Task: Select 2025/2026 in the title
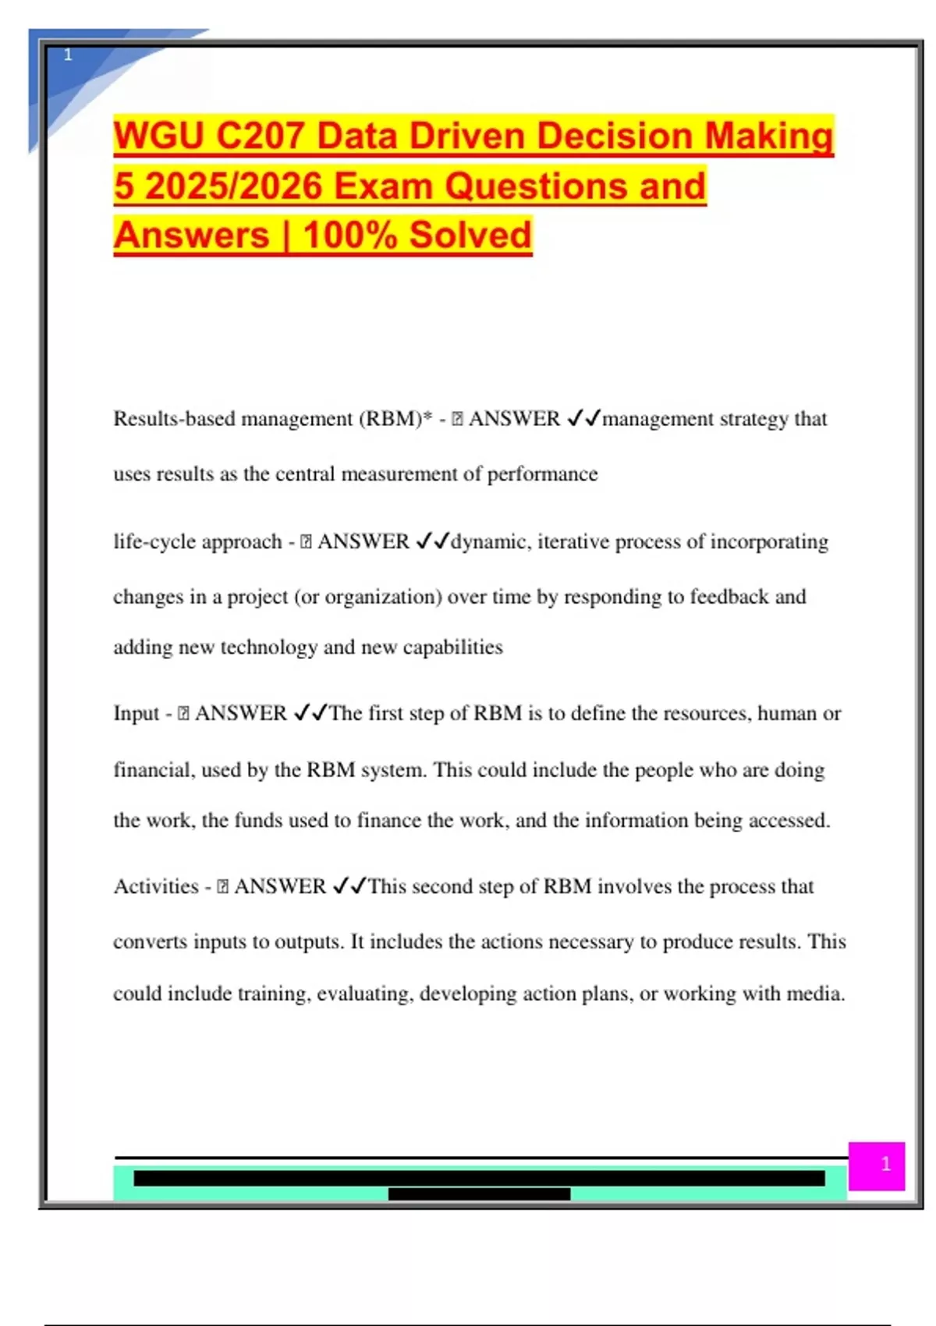click(x=234, y=187)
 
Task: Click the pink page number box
click(x=877, y=1166)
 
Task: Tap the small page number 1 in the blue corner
click(x=68, y=55)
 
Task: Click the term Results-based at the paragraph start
click(x=174, y=419)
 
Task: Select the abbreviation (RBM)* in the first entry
click(x=395, y=419)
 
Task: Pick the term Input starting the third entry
click(x=136, y=714)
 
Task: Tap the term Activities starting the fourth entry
click(x=156, y=887)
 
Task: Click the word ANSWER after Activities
click(x=280, y=887)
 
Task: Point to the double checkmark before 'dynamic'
click(x=433, y=541)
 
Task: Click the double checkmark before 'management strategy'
click(x=584, y=419)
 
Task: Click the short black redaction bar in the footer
click(x=479, y=1194)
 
